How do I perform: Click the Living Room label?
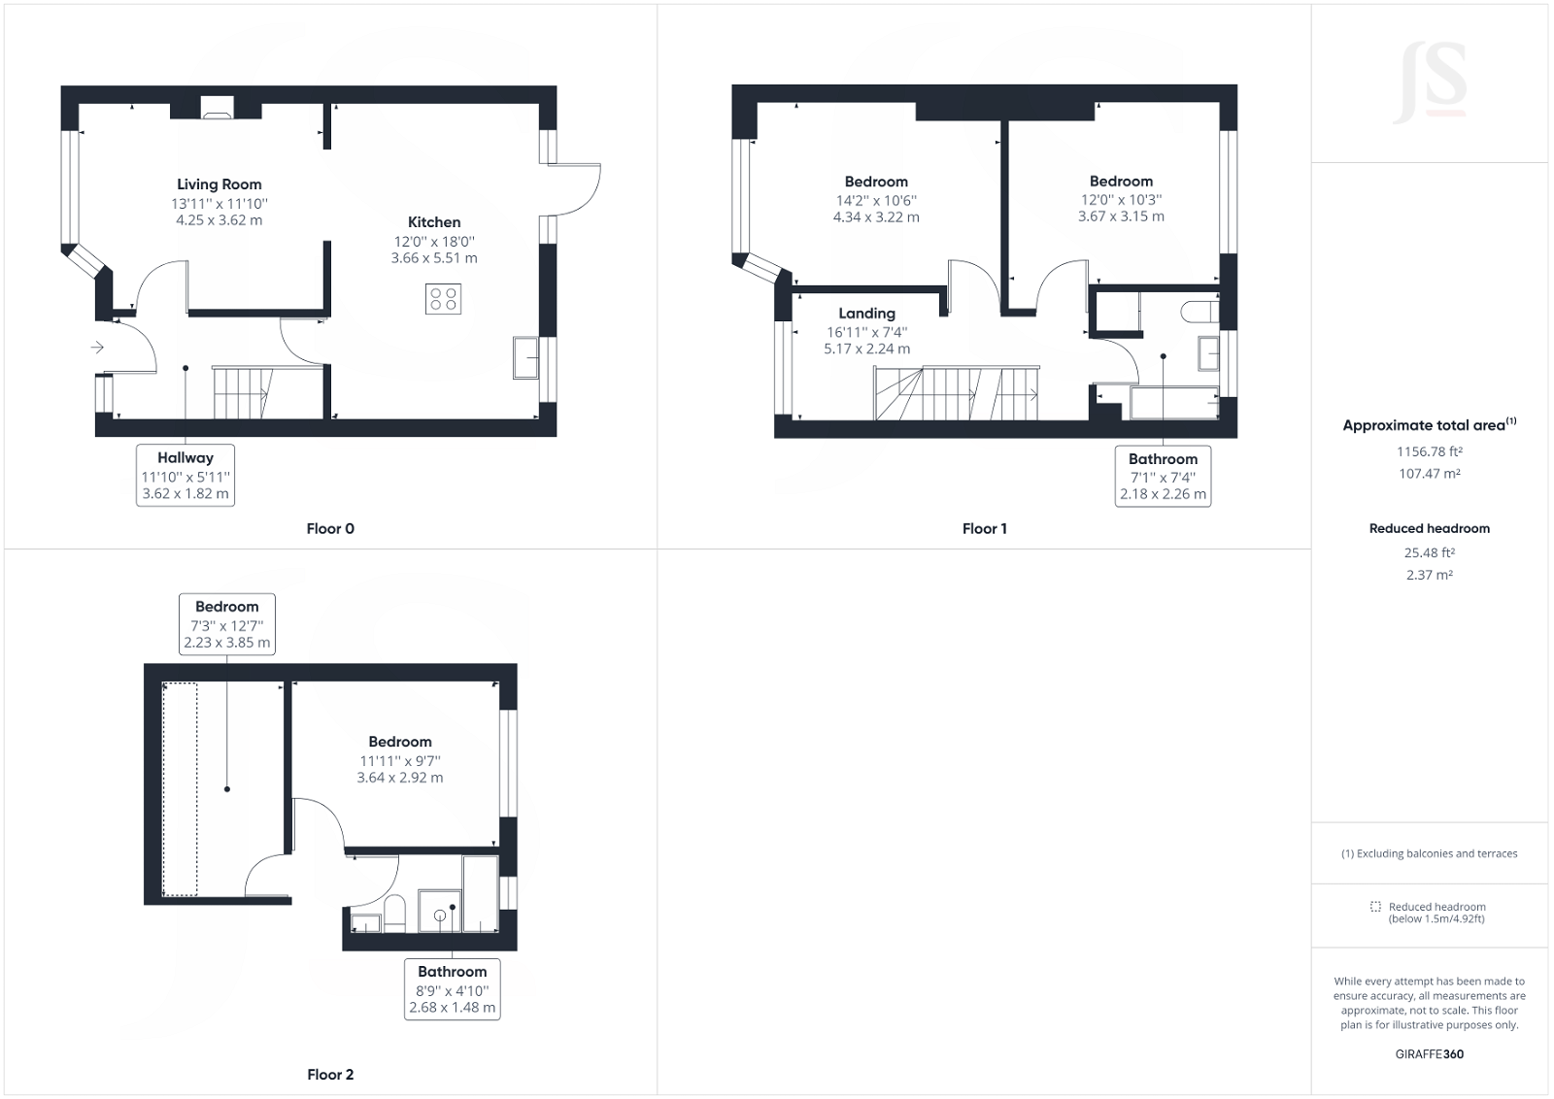(219, 184)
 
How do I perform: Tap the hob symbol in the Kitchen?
(443, 299)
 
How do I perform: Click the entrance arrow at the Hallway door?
(97, 347)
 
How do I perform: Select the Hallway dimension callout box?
(186, 475)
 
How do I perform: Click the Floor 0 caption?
(330, 529)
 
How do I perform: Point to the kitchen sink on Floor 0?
(525, 357)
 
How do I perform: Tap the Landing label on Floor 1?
(866, 314)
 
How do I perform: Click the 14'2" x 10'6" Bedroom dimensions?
(876, 200)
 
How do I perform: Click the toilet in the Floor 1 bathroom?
(1200, 312)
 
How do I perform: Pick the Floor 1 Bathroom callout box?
(1163, 476)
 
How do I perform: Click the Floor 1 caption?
(984, 529)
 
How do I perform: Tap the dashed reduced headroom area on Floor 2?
(180, 788)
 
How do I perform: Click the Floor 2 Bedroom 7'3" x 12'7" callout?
(227, 624)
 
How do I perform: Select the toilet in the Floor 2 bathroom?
(394, 913)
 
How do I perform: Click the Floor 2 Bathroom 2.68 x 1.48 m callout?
(452, 989)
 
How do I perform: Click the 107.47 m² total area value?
(1429, 474)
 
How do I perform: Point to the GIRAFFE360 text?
(1429, 1053)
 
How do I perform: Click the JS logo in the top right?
(1430, 83)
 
